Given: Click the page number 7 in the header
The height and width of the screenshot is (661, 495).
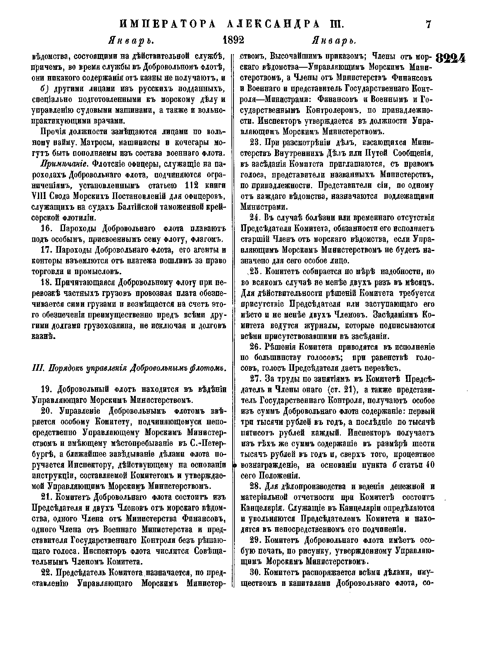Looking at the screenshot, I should tap(428, 25).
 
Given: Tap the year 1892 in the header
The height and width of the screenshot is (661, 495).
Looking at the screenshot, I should tap(233, 40).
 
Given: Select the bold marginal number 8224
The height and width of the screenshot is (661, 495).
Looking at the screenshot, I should tap(451, 58).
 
